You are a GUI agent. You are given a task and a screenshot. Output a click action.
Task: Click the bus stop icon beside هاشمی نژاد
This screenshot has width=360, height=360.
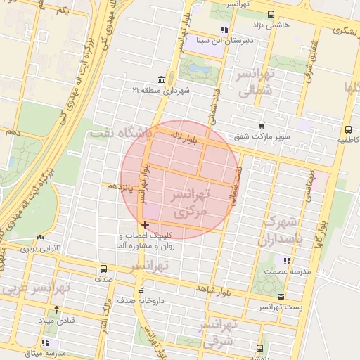271,13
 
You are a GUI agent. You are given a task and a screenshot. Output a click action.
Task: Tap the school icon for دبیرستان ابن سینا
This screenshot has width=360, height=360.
224,30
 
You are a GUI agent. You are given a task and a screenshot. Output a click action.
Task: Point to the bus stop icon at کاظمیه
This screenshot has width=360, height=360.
347,129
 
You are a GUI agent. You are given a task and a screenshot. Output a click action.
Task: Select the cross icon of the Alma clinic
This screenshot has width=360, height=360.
146,224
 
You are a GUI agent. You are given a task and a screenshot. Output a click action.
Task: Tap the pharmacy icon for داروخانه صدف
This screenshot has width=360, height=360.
141,290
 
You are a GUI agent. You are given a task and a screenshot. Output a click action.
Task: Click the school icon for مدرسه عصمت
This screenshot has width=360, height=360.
285,261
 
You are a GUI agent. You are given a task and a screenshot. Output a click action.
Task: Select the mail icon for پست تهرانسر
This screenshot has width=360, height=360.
281,297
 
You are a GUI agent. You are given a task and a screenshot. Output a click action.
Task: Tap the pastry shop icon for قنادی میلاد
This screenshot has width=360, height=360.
57,309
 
